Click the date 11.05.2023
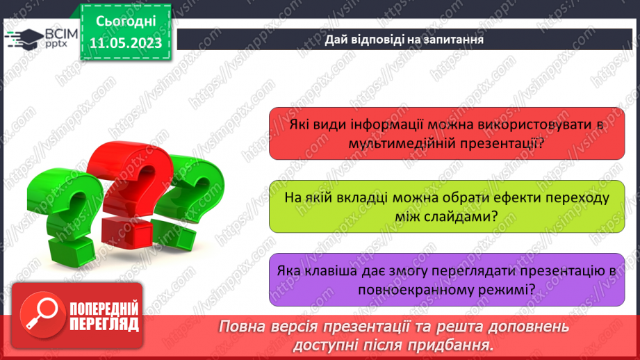tap(125, 42)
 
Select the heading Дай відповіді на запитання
tap(404, 39)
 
